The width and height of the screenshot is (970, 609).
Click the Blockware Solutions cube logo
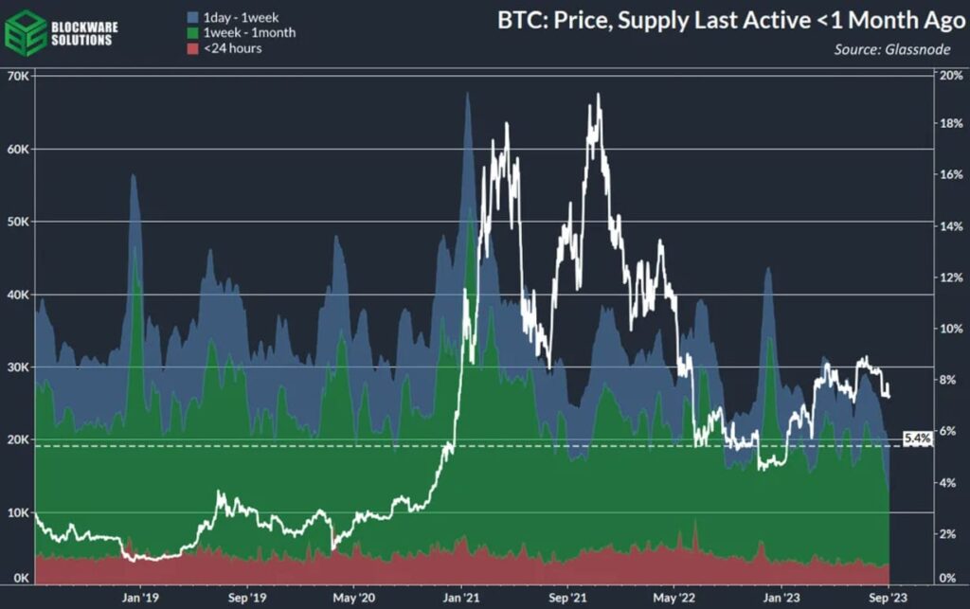(x=26, y=32)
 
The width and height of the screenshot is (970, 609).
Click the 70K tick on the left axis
(x=18, y=76)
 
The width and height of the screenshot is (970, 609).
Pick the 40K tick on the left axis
(x=18, y=295)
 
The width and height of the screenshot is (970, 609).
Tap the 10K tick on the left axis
(x=18, y=512)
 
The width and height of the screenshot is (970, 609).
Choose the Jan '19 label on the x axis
(x=140, y=599)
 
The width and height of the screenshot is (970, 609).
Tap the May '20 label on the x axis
(x=350, y=599)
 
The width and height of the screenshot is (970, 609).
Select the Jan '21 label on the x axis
(x=460, y=599)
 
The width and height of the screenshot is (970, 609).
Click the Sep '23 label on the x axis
(x=885, y=599)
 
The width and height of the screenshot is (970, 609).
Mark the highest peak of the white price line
(x=598, y=95)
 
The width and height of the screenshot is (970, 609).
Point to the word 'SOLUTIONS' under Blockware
(x=85, y=40)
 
